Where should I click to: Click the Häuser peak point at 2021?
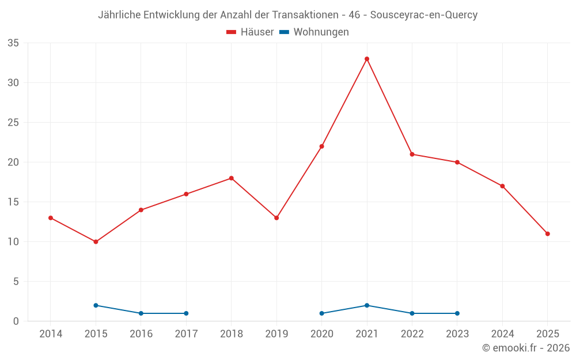[367, 59]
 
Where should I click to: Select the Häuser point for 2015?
[96, 242]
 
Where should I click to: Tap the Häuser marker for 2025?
[548, 234]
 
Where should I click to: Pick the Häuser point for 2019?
[276, 218]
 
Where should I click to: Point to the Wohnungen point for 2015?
[96, 305]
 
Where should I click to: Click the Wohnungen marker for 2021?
[367, 305]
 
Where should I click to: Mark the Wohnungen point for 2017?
[186, 313]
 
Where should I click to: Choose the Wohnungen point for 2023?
[457, 313]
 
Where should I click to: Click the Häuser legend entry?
[251, 32]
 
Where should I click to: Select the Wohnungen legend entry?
[314, 32]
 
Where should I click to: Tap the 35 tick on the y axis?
[13, 43]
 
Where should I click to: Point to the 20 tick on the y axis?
[13, 162]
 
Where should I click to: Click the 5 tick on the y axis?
[16, 282]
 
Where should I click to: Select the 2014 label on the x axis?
[51, 334]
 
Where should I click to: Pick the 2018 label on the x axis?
[232, 334]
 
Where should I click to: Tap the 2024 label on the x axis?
[503, 334]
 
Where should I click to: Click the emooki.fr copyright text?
[525, 348]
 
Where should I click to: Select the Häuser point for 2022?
[412, 154]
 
